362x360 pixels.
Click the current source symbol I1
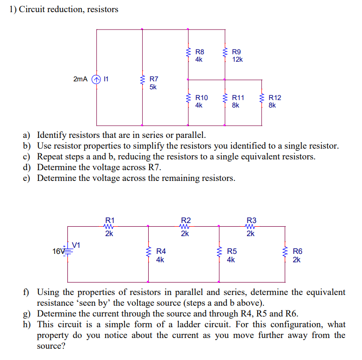point(97,79)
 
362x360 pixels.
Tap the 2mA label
point(80,79)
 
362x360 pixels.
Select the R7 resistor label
point(153,79)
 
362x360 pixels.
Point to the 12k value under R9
point(238,59)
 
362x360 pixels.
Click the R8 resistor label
point(200,52)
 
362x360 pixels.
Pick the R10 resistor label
point(201,98)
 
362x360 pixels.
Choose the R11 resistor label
point(238,98)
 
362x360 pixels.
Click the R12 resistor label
point(275,98)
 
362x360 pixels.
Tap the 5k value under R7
point(153,87)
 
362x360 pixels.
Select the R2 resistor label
point(186,220)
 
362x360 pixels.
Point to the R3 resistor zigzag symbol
point(251,226)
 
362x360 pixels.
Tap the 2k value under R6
point(297,259)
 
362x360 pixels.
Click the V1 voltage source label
point(76,244)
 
